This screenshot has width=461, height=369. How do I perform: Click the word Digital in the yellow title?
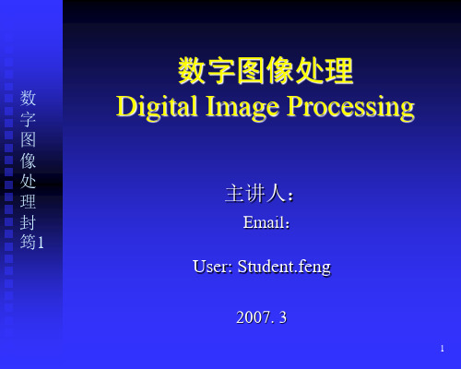tap(157, 107)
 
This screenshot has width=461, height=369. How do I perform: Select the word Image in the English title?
tap(242, 107)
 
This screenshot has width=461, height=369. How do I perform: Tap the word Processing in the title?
tap(350, 107)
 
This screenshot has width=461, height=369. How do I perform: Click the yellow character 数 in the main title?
tap(192, 71)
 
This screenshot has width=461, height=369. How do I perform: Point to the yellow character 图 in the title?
tap(251, 71)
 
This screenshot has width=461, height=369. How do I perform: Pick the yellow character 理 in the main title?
tap(339, 71)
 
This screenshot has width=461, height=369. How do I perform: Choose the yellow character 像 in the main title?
tap(279, 71)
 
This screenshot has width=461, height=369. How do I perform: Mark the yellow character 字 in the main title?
tap(221, 71)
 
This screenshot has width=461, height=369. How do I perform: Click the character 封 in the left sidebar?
tap(28, 222)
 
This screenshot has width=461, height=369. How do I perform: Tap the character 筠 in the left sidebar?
tap(28, 242)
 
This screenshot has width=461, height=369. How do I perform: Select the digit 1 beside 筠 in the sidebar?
tap(41, 243)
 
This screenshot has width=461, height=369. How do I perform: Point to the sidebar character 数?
tap(28, 98)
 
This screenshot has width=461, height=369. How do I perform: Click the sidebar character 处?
tap(28, 181)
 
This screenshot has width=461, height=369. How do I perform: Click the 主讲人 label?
tap(256, 194)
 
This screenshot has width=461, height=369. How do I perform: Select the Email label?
tap(264, 222)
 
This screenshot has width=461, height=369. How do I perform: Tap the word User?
tap(210, 267)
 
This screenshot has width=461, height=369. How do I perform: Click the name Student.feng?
tap(284, 267)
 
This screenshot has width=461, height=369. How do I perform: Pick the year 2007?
tap(254, 317)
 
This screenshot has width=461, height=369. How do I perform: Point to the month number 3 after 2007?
tap(283, 317)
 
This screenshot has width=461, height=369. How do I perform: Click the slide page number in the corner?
tap(442, 349)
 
